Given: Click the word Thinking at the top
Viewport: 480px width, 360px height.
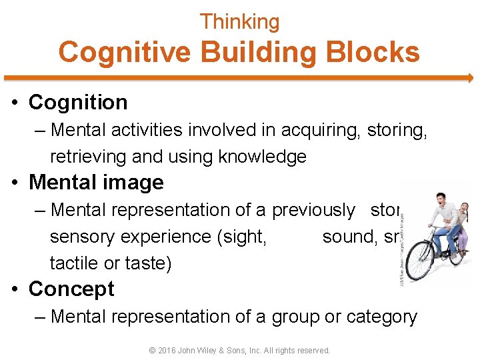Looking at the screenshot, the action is point(240,22).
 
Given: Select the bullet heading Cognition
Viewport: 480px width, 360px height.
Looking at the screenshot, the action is point(78,103).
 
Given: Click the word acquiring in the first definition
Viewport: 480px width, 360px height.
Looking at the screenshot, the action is point(320,129).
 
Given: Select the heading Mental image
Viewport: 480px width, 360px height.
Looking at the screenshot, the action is point(96,183).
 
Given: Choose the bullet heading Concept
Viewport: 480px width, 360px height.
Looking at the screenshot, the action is point(71,289).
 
